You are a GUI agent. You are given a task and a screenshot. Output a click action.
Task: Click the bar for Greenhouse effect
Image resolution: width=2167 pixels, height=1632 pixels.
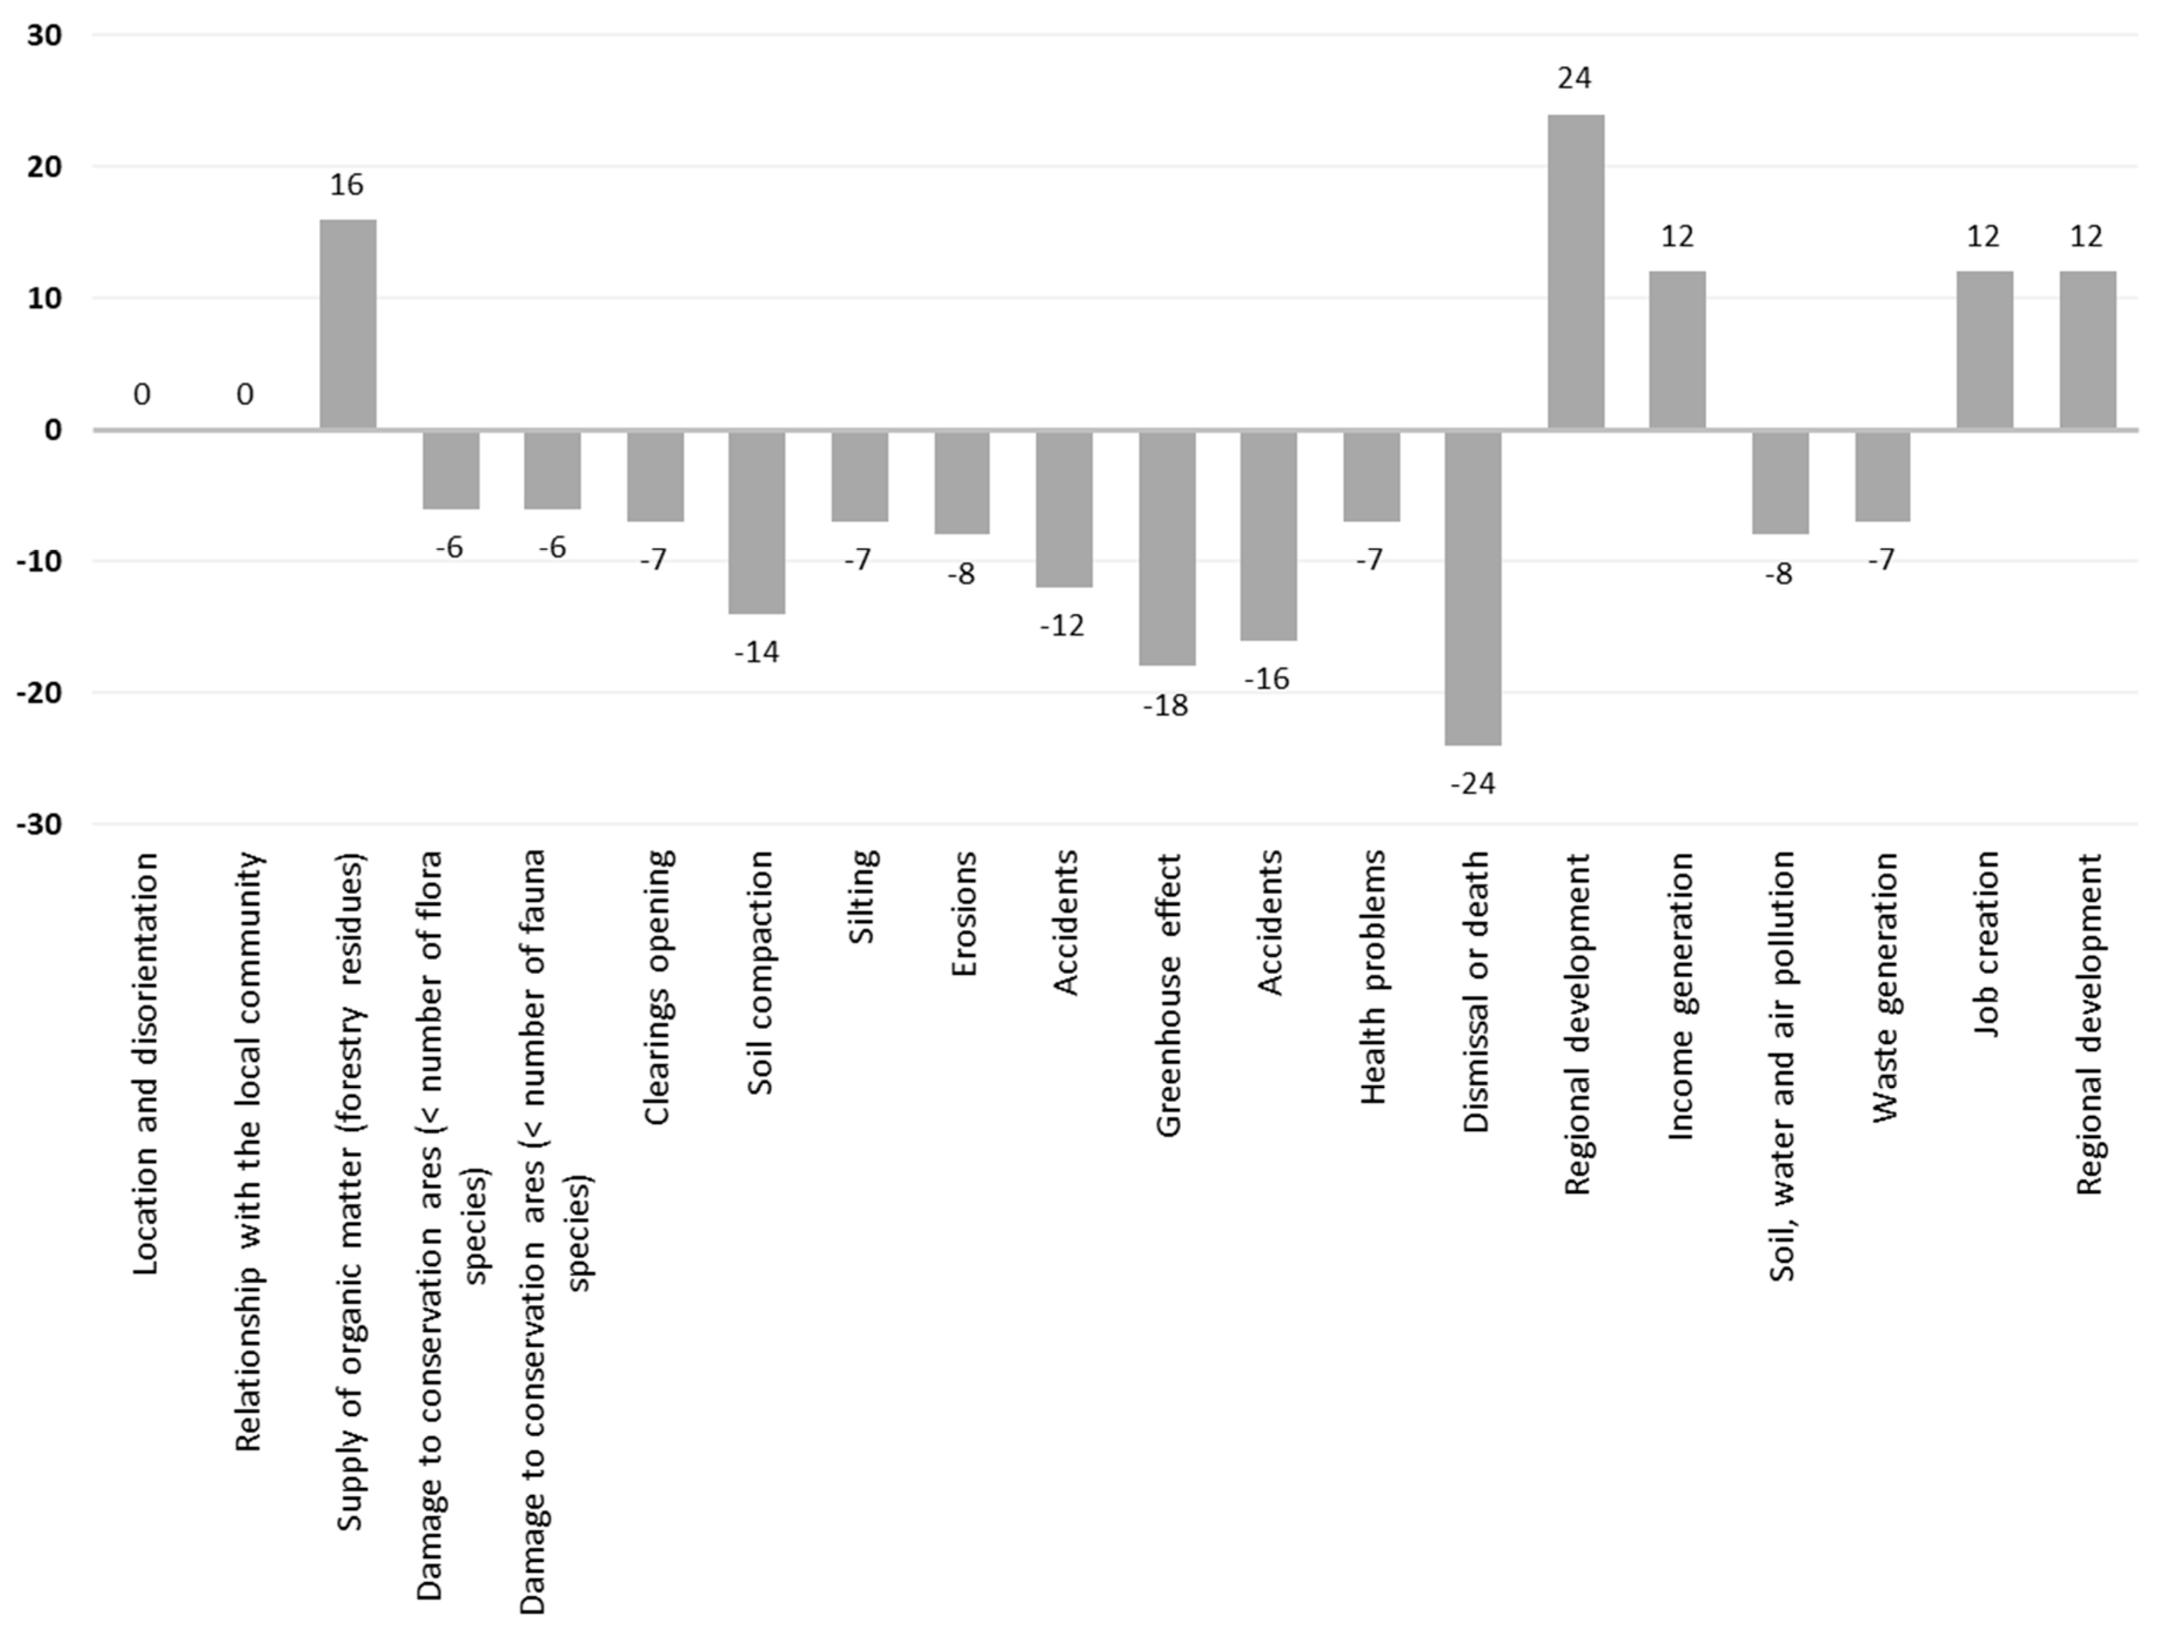click(x=1167, y=548)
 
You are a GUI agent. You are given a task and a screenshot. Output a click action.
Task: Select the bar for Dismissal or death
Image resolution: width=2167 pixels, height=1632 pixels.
click(x=1474, y=588)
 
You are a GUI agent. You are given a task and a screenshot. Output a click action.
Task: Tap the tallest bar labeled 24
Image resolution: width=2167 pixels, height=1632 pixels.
click(x=1576, y=272)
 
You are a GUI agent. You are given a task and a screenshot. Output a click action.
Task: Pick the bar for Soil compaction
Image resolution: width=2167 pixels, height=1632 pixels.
click(x=757, y=522)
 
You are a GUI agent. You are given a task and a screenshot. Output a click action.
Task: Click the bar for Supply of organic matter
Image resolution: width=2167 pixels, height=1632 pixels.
click(x=348, y=324)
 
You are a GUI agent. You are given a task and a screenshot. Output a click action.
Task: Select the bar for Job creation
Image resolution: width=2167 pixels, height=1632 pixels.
click(x=1985, y=351)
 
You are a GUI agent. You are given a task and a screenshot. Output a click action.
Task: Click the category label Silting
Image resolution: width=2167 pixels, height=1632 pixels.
click(x=861, y=896)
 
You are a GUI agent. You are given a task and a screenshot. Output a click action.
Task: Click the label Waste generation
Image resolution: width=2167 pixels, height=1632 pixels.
click(x=1885, y=987)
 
